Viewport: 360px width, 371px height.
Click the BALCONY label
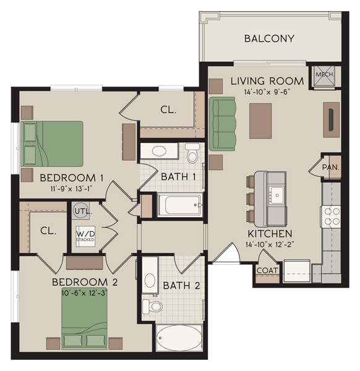tap(269, 38)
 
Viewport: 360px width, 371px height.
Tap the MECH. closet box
tap(325, 74)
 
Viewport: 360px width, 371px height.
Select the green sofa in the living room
tap(223, 123)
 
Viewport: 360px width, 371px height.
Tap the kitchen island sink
tap(277, 195)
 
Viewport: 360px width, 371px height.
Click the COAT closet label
tap(267, 270)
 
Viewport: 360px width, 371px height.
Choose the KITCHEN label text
tap(270, 234)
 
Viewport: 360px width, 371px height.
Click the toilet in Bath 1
tap(192, 153)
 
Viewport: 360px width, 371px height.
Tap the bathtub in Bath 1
tap(179, 205)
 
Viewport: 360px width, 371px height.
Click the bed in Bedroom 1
tap(53, 143)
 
